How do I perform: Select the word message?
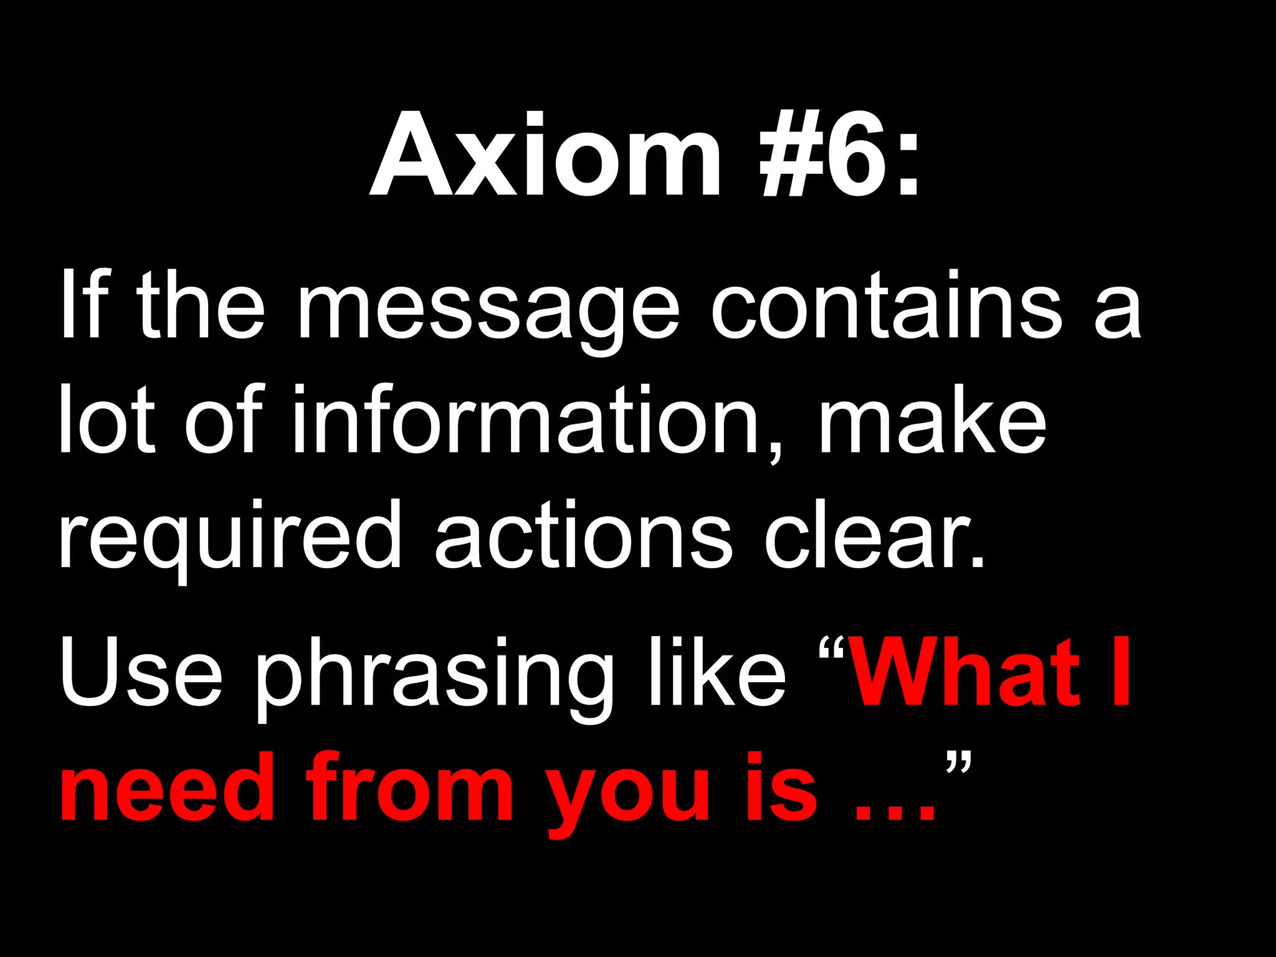click(x=488, y=308)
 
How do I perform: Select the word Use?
click(x=141, y=673)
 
